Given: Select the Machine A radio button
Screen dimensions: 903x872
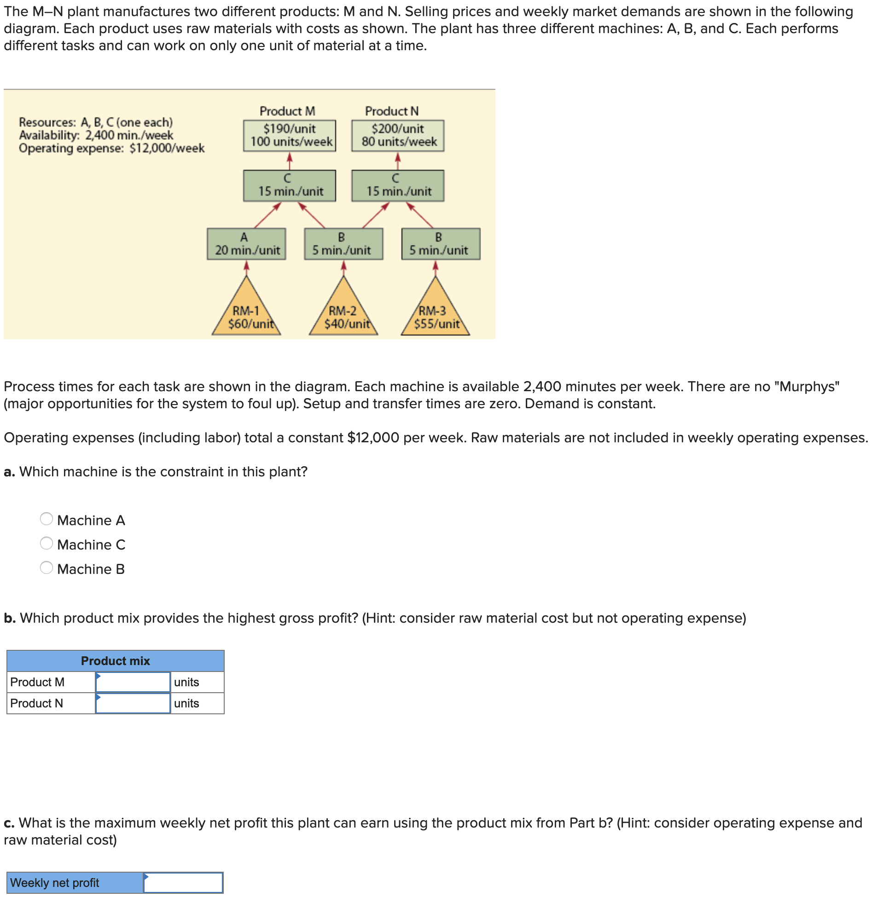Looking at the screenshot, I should pyautogui.click(x=46, y=519).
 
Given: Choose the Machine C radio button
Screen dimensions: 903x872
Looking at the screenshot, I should pyautogui.click(x=46, y=544).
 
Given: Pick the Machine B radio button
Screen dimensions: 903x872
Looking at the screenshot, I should pyautogui.click(x=46, y=568).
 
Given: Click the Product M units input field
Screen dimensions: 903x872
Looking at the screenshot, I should pyautogui.click(x=133, y=683).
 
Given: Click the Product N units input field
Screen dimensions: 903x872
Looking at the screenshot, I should pyautogui.click(x=133, y=704).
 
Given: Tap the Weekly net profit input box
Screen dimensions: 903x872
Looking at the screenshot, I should pyautogui.click(x=183, y=883).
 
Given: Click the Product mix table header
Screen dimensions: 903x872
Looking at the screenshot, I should pyautogui.click(x=115, y=661).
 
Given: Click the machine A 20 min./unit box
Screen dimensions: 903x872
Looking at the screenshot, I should pyautogui.click(x=247, y=244).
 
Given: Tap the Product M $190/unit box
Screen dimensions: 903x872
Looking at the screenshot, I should pyautogui.click(x=290, y=135).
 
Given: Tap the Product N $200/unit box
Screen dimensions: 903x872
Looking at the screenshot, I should pyautogui.click(x=397, y=135).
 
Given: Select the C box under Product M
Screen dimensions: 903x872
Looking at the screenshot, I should pyautogui.click(x=290, y=185).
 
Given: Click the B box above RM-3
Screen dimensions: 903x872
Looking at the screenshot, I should pyautogui.click(x=441, y=244).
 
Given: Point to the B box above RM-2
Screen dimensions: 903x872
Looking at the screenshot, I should pyautogui.click(x=343, y=244).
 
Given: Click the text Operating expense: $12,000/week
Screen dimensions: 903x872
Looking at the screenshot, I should pyautogui.click(x=111, y=148).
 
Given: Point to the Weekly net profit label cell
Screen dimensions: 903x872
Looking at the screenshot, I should pyautogui.click(x=75, y=883).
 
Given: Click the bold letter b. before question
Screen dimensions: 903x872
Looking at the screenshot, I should pyautogui.click(x=9, y=618).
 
